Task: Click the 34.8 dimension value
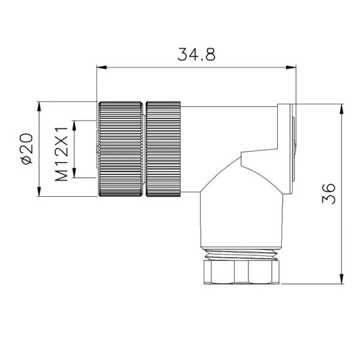(196, 55)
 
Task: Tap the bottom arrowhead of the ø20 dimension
(40, 193)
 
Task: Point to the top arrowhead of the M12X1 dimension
(74, 124)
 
